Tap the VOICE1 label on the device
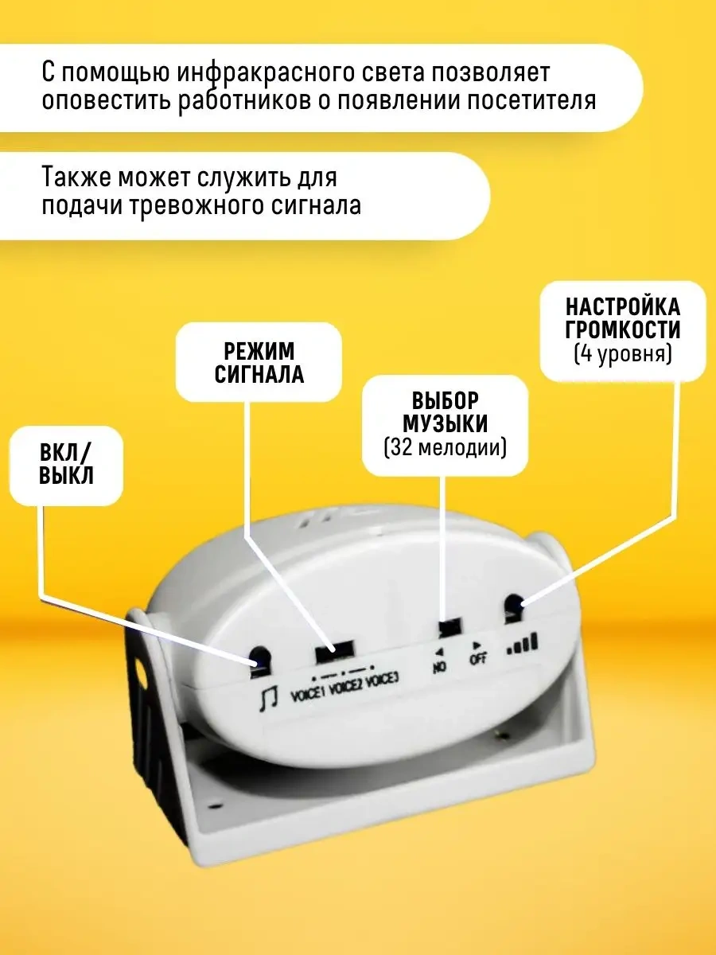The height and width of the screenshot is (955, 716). (309, 693)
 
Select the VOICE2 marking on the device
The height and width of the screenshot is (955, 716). (347, 686)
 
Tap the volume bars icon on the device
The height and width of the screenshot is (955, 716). (523, 644)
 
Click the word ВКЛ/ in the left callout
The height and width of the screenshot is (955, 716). (66, 454)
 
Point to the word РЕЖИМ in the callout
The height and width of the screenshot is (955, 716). (259, 351)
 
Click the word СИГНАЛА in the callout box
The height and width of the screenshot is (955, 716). (259, 374)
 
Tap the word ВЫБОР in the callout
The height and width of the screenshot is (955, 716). (445, 400)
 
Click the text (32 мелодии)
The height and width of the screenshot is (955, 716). (445, 447)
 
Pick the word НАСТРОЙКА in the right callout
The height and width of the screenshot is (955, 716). (623, 307)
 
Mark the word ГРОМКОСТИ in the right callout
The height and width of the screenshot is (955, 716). (623, 329)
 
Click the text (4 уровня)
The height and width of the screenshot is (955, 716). (623, 354)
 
